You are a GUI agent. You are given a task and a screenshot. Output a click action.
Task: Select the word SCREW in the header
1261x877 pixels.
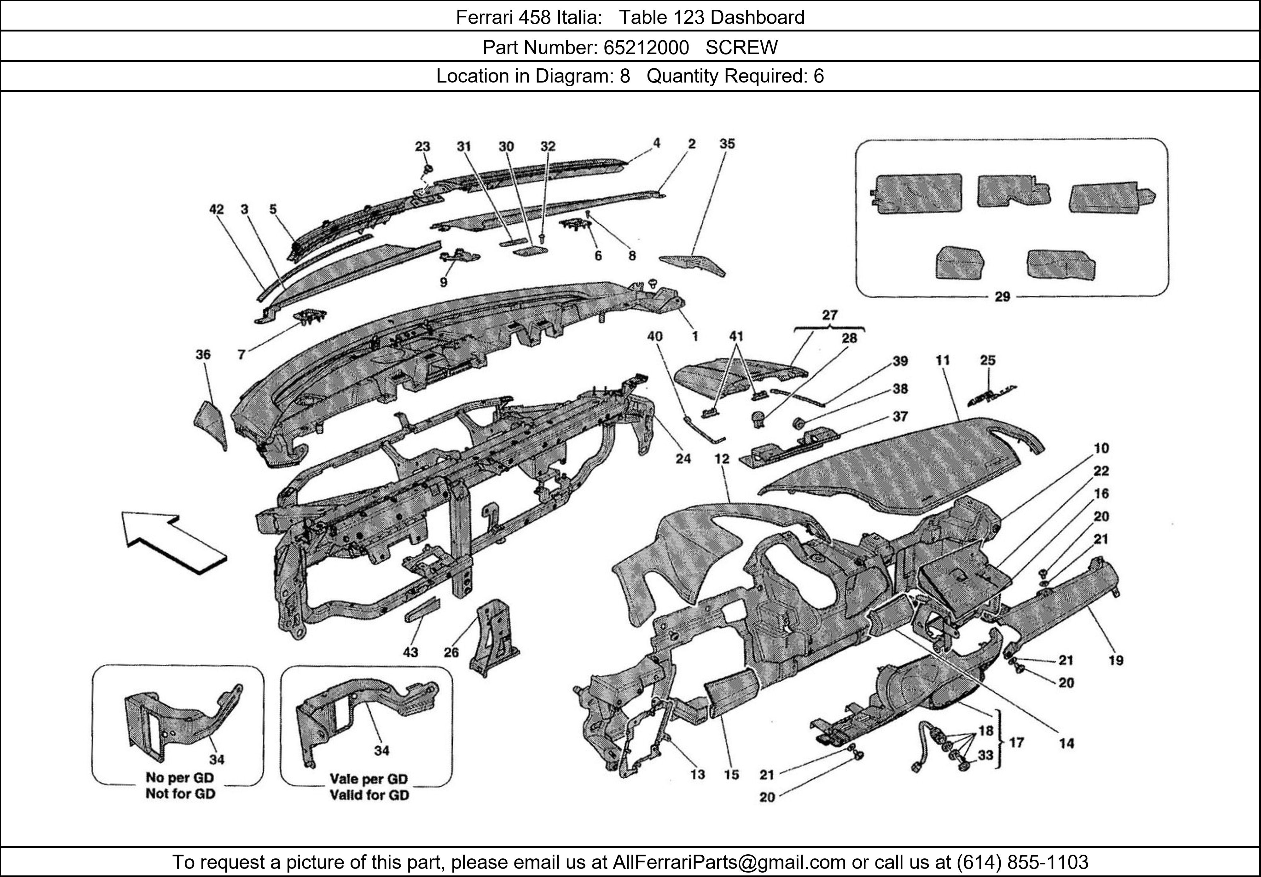tap(741, 48)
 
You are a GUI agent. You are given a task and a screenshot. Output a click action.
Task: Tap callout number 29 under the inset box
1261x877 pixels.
tap(1002, 297)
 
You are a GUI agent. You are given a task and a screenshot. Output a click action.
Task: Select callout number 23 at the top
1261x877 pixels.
tap(422, 146)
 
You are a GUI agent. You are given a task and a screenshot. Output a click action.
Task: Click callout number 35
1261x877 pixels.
tap(727, 144)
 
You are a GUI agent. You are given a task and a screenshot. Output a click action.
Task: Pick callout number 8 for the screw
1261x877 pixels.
tap(632, 256)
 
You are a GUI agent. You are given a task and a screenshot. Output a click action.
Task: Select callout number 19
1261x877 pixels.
tap(1116, 660)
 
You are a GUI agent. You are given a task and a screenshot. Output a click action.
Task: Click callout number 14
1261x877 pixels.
tap(1066, 744)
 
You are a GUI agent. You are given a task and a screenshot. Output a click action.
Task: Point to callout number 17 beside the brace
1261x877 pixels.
tap(1017, 742)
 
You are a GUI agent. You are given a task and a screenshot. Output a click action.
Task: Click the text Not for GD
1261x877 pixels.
tap(180, 794)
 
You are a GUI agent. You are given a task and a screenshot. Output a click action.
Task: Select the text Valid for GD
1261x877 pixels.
tap(369, 795)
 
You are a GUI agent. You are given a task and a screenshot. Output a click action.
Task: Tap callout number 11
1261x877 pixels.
tap(943, 361)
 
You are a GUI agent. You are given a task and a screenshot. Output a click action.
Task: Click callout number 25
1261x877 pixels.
tap(987, 361)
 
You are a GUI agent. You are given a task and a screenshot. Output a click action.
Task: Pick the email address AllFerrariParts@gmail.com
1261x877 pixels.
tap(729, 862)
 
